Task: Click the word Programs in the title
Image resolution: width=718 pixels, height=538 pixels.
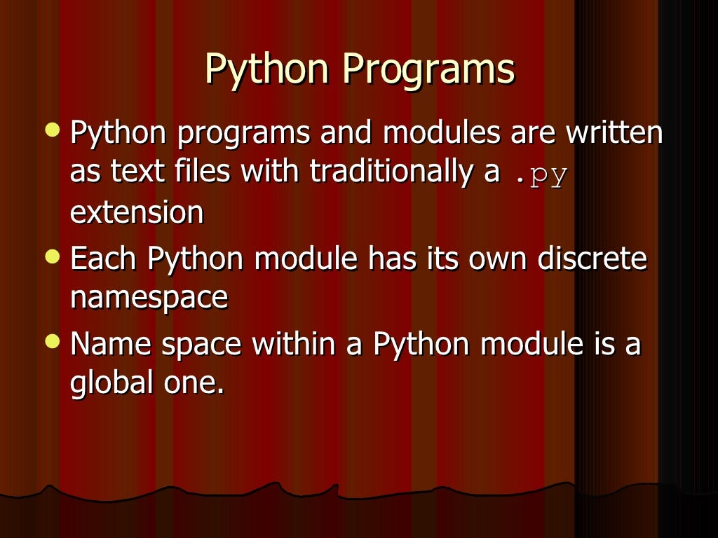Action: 428,71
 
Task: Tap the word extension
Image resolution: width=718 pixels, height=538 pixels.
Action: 137,212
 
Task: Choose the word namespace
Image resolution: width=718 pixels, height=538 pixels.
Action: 149,298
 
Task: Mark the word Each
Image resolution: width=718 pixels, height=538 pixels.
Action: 104,259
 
